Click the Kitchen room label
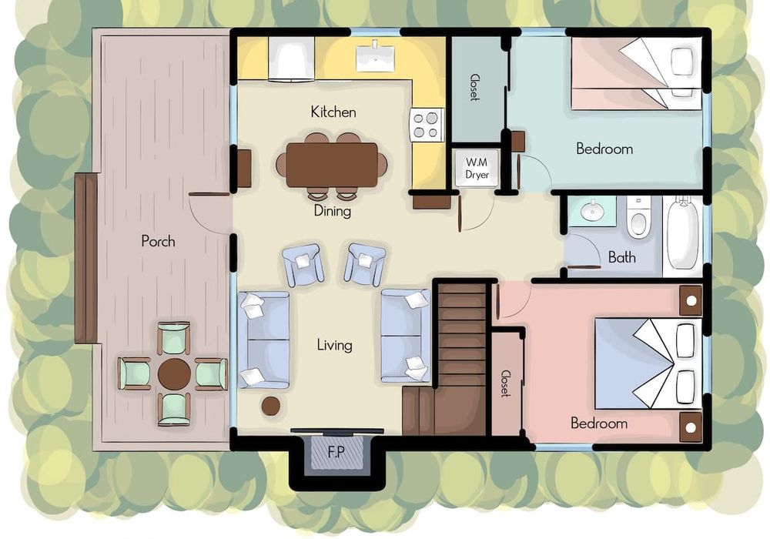pos(333,112)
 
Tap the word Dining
pos(333,211)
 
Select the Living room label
pos(334,345)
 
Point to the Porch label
pos(158,241)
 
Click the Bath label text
pos(621,256)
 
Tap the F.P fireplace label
pos(336,452)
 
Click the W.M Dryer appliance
pos(477,168)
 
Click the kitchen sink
pos(376,56)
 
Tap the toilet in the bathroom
pos(638,216)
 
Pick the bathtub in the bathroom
pos(683,233)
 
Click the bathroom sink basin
pos(592,211)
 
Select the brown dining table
pos(332,165)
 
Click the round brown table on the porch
pos(174,374)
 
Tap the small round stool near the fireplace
pos(271,406)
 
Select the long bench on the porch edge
pos(87,259)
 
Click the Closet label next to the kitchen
pos(474,87)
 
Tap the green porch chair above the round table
pos(174,337)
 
